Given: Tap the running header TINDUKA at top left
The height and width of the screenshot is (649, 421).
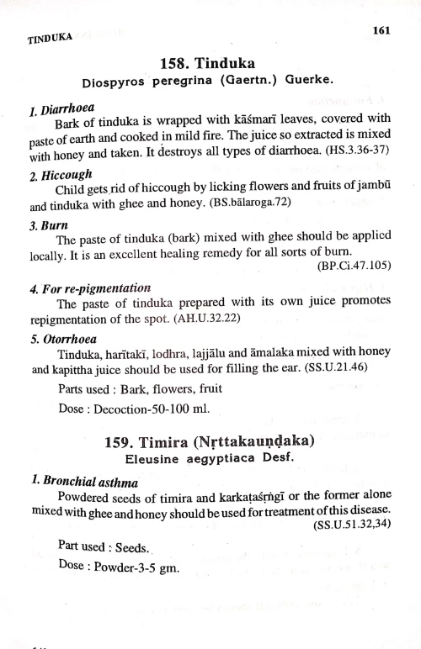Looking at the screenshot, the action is click(x=50, y=38).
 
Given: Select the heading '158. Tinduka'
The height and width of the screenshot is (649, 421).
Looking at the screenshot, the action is click(x=207, y=64).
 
